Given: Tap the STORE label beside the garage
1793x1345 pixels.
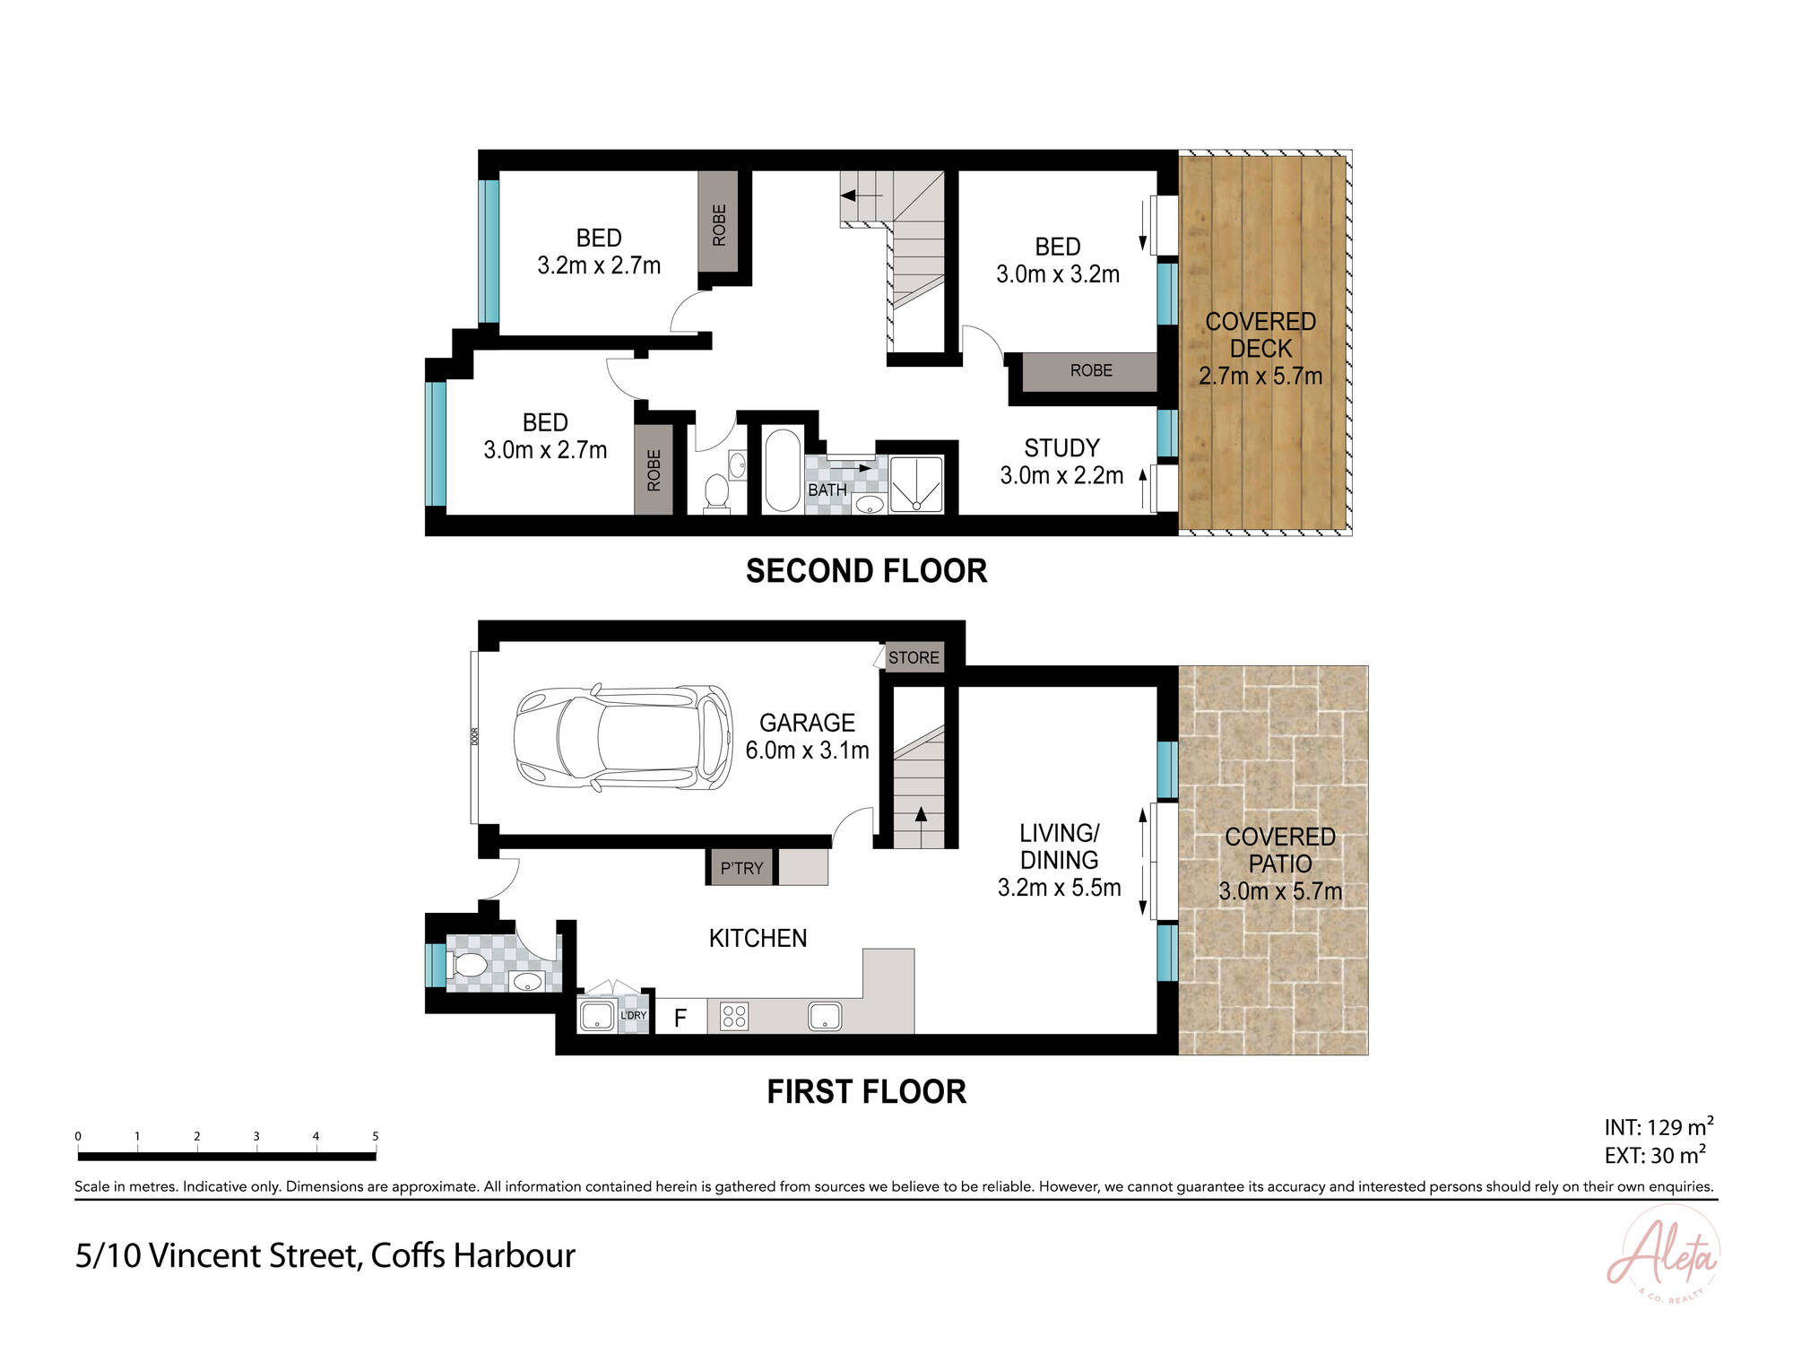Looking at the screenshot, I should pyautogui.click(x=914, y=657).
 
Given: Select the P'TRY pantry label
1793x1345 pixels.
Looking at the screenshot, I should pyautogui.click(x=741, y=868).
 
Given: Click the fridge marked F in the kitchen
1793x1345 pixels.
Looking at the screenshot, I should pyautogui.click(x=680, y=1018).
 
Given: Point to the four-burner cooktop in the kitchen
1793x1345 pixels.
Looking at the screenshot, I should pyautogui.click(x=734, y=1016).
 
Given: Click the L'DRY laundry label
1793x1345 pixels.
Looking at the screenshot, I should pyautogui.click(x=633, y=1015).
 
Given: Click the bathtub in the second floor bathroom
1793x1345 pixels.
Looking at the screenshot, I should pyautogui.click(x=782, y=471).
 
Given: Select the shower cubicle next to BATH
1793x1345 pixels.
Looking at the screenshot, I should pyautogui.click(x=916, y=485).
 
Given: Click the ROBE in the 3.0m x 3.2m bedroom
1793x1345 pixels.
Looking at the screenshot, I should pyautogui.click(x=1090, y=370).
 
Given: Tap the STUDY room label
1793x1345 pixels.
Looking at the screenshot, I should pyautogui.click(x=1061, y=447).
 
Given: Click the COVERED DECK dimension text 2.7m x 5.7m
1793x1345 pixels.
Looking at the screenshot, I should pyautogui.click(x=1260, y=376).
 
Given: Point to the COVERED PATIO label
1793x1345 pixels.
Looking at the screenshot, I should pyautogui.click(x=1279, y=850).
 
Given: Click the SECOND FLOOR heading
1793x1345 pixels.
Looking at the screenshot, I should pyautogui.click(x=866, y=571).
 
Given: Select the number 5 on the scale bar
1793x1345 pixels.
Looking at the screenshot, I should pyautogui.click(x=375, y=1136).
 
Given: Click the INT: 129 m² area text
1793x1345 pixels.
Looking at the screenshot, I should pyautogui.click(x=1658, y=1127).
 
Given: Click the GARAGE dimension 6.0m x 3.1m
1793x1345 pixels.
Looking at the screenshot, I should pyautogui.click(x=807, y=751).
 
